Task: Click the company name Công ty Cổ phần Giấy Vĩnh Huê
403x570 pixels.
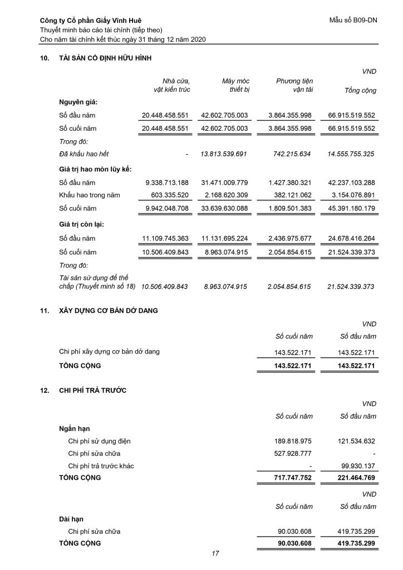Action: click(x=91, y=21)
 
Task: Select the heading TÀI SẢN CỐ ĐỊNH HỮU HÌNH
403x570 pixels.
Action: click(x=105, y=58)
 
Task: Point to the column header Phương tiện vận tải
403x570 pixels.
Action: click(x=294, y=85)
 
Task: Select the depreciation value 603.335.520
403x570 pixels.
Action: click(x=166, y=195)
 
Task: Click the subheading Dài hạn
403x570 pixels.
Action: click(x=70, y=519)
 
